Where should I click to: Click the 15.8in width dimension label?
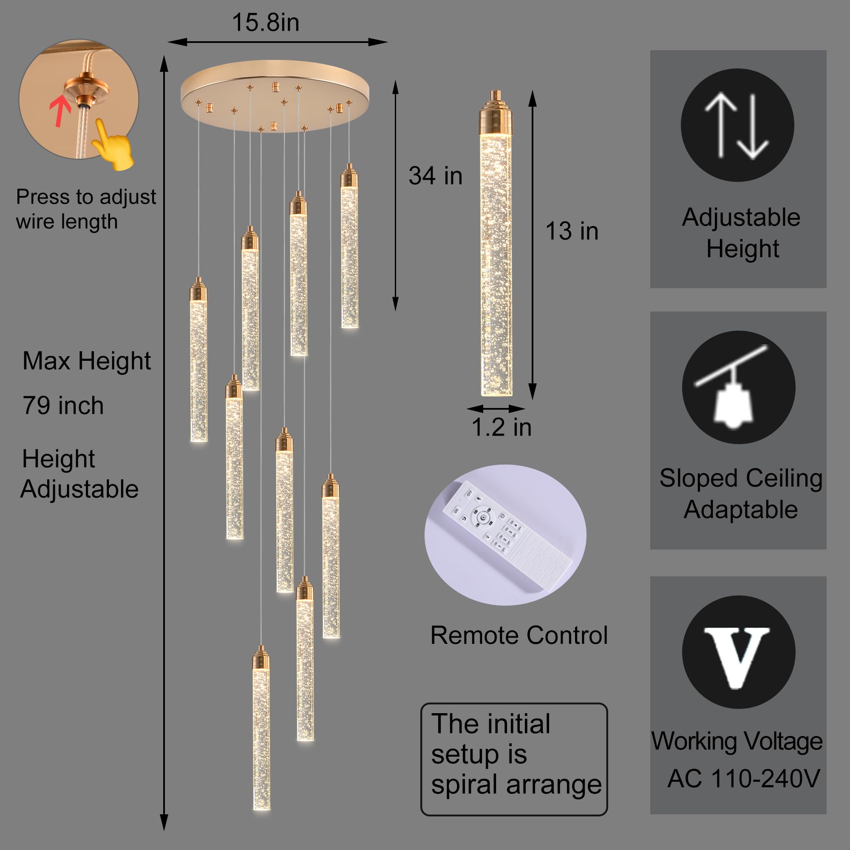pos(266,23)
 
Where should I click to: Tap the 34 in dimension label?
pos(435,176)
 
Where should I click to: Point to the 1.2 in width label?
pos(501,427)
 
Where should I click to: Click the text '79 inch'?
pos(63,405)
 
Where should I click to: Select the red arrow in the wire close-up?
pos(60,112)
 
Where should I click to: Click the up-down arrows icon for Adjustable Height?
pos(737,125)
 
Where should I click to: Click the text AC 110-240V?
pos(743,779)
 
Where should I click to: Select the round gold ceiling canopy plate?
pos(275,96)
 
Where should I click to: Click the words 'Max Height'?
pos(87,361)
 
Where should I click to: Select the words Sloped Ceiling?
pos(741,478)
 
